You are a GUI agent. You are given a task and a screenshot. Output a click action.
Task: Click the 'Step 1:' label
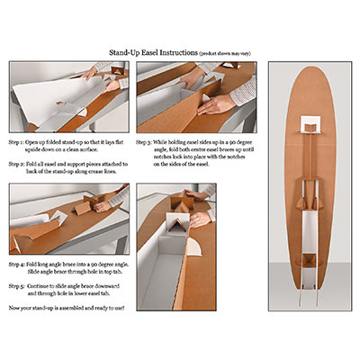click(x=19, y=142)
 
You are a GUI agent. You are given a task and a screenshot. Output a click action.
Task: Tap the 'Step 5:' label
click(x=19, y=285)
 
